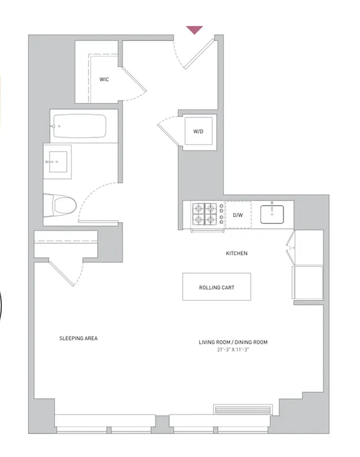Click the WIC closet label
point(104,79)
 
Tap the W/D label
point(198,131)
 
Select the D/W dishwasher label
point(238,215)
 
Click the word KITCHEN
point(237,253)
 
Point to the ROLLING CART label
point(217,287)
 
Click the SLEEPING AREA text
point(78,338)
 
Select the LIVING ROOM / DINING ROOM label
point(233,342)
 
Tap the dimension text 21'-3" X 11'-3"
point(233,349)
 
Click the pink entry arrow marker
point(195,30)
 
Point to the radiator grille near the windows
point(242,409)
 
